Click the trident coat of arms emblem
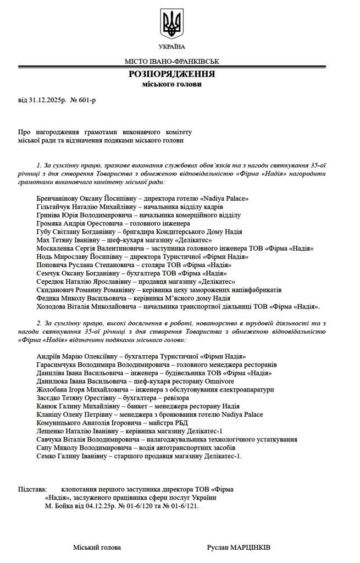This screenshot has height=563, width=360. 172,24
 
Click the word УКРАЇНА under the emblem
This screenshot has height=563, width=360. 172,47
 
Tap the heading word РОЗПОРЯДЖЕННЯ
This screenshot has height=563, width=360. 172,74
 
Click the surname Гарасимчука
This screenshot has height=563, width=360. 60,365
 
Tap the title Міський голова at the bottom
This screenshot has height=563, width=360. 97,548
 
